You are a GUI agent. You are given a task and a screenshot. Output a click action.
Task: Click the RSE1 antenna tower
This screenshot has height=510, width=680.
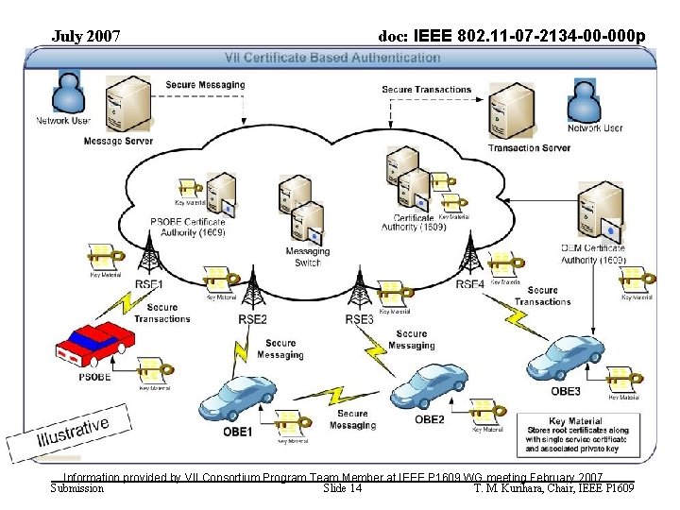pyautogui.click(x=149, y=256)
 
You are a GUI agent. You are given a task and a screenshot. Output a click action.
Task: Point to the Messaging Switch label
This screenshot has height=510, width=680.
pyautogui.click(x=308, y=257)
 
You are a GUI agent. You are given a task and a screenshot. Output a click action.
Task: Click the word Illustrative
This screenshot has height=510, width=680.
pyautogui.click(x=73, y=427)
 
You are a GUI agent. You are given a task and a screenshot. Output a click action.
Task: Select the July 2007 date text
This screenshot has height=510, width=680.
pyautogui.click(x=86, y=37)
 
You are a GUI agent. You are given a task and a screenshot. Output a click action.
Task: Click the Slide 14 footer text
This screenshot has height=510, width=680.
pyautogui.click(x=342, y=488)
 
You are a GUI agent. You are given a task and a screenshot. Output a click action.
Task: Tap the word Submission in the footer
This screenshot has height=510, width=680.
pyautogui.click(x=76, y=488)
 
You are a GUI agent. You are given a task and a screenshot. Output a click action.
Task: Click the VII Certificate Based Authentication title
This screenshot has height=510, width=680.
pyautogui.click(x=341, y=57)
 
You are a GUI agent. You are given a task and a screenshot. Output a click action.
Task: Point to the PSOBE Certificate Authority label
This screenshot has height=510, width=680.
pyautogui.click(x=188, y=227)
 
